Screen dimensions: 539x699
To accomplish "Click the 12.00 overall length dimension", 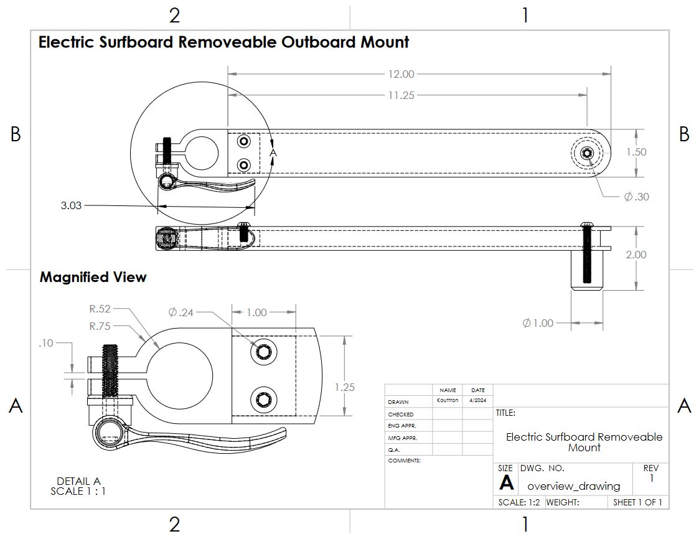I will tap(401, 74).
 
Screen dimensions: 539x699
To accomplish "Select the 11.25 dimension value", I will tap(401, 95).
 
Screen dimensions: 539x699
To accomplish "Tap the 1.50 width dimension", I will tap(636, 152).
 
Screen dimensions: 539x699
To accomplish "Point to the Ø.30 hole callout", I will tap(636, 197).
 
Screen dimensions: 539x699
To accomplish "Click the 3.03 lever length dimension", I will tap(72, 205).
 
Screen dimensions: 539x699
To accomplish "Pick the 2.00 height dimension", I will tap(636, 255).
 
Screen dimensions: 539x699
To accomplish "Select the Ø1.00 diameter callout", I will tap(538, 323).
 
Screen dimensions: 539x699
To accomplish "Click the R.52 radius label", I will tap(100, 308).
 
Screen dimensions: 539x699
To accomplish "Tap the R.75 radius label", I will tap(100, 326).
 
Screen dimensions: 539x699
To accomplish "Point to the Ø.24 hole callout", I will tap(181, 312).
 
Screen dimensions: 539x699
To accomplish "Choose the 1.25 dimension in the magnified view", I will tap(344, 387).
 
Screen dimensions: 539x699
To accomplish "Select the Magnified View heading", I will tap(93, 278).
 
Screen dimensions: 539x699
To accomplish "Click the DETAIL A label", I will tap(78, 481).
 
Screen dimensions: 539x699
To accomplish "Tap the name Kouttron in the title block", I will tap(447, 401).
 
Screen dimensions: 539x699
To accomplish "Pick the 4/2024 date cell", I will tap(477, 401).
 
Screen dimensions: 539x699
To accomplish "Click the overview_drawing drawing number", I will tap(573, 486).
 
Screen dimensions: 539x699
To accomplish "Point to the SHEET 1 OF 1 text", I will tap(637, 502).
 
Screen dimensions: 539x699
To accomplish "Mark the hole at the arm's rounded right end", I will tap(586, 153).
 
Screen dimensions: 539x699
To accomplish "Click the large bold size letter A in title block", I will tap(507, 484).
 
